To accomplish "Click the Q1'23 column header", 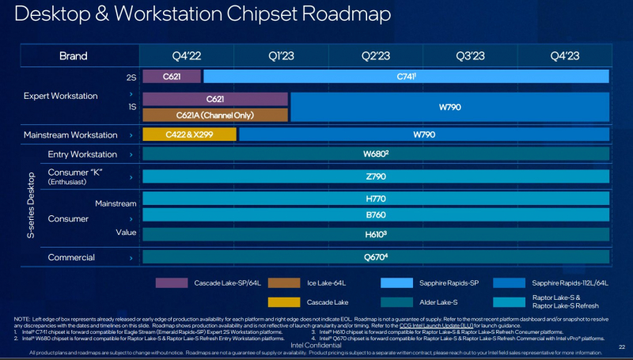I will point(281,56).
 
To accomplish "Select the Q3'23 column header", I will point(469,56).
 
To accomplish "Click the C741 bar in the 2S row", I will point(406,77).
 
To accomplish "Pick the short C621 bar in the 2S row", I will point(172,77).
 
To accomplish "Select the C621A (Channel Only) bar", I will point(214,115).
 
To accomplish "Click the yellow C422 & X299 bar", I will point(189,135).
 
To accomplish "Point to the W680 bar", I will point(375,154).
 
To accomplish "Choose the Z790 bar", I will point(375,176).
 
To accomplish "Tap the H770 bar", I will point(375,198).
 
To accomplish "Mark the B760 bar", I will point(375,214).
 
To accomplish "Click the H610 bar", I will point(375,234).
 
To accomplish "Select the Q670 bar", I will point(375,256).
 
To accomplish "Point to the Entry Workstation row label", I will point(82,154).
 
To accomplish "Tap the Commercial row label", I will point(71,257).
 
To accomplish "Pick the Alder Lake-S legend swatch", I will point(396,301).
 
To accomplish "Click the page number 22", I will point(622,346).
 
